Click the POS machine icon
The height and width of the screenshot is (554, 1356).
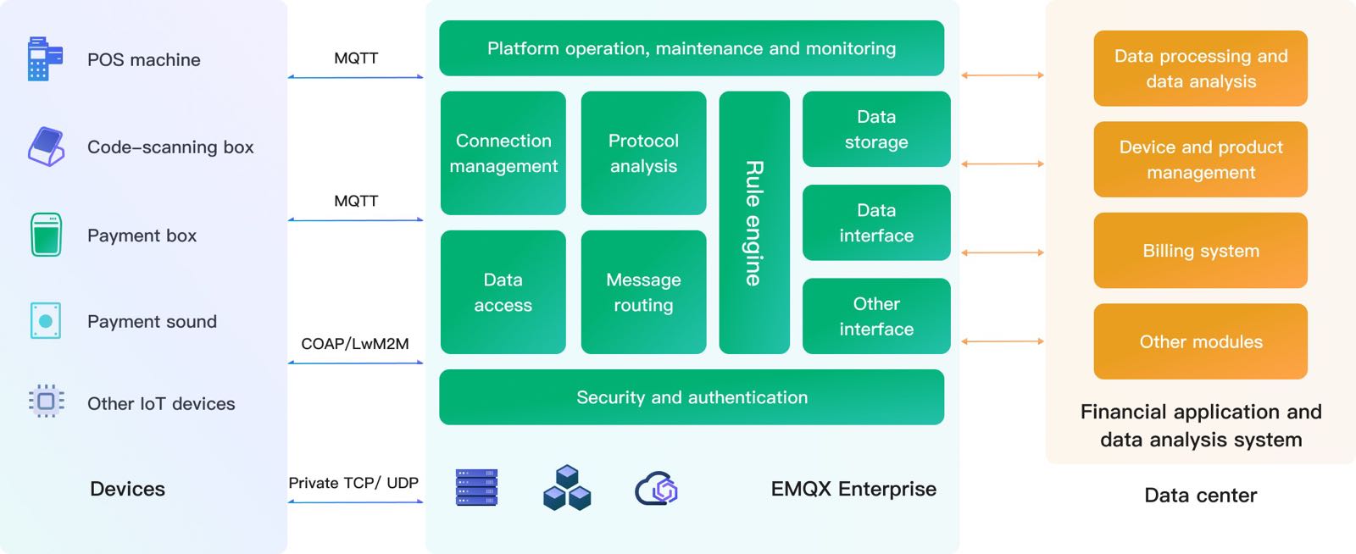[45, 59]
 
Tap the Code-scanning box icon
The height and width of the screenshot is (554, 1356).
[47, 147]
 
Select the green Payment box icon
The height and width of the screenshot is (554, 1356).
[46, 235]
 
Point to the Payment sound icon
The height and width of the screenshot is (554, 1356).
[46, 321]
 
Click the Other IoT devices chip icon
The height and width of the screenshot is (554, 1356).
[47, 401]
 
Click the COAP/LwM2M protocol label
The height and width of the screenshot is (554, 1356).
[355, 344]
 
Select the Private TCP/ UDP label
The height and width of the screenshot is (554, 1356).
[353, 483]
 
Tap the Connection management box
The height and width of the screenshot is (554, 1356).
[503, 153]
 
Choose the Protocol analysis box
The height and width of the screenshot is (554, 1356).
[643, 153]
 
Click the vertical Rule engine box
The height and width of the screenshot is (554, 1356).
[754, 223]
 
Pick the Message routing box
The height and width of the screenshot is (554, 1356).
[643, 292]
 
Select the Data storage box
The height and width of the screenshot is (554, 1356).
[876, 130]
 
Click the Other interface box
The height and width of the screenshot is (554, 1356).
[876, 316]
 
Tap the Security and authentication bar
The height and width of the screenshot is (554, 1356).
[692, 397]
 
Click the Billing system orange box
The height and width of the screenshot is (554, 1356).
[1200, 251]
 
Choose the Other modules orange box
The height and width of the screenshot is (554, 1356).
[1200, 341]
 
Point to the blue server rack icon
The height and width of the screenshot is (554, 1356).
[476, 487]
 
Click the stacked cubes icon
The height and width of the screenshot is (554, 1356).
[567, 487]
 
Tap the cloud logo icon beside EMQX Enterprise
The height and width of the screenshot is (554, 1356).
[657, 489]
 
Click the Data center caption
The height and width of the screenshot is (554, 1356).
[1200, 496]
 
